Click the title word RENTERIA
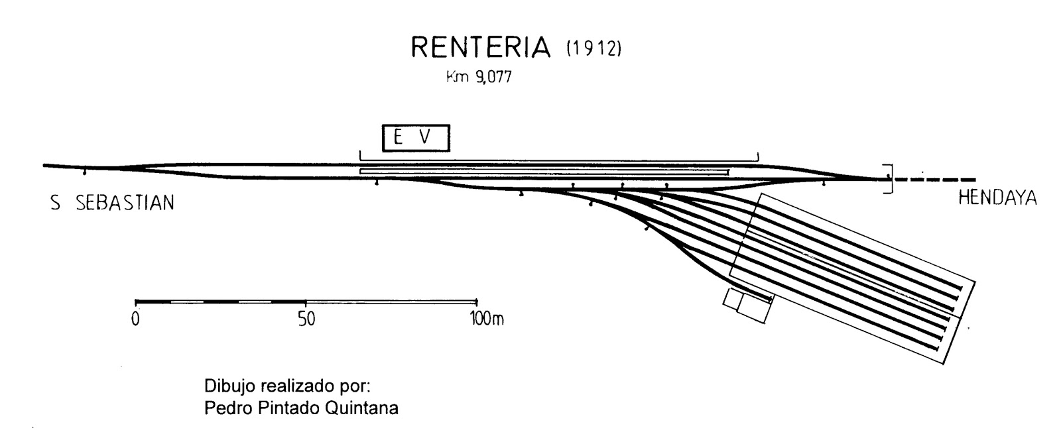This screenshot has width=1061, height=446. point(481,48)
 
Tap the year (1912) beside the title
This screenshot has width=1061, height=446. point(592,49)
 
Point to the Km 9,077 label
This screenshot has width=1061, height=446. point(480,77)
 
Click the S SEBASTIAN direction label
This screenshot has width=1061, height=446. point(113,203)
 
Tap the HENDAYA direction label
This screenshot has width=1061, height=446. point(997,198)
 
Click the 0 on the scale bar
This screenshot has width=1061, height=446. point(135,319)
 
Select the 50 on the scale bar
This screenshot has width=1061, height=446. point(306,319)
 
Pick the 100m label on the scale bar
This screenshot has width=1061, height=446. point(487,319)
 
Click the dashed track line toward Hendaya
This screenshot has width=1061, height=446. point(935,179)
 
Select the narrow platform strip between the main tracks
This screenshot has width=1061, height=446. point(544,172)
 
